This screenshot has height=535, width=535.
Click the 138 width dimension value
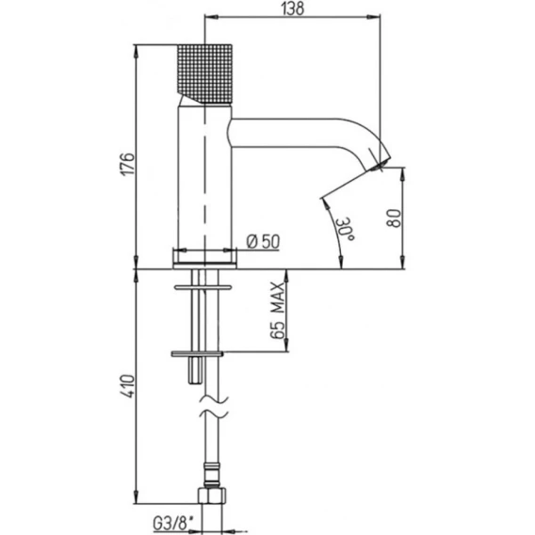click(293, 8)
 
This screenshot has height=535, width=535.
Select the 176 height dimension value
click(129, 164)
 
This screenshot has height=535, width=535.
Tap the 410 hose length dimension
click(128, 386)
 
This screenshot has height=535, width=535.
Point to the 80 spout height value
click(394, 218)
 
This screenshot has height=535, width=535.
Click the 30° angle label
click(346, 228)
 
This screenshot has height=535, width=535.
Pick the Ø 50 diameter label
click(263, 241)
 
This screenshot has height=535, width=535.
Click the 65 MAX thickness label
click(278, 310)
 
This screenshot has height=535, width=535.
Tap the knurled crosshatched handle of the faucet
click(204, 73)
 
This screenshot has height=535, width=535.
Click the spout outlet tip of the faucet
click(380, 165)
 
